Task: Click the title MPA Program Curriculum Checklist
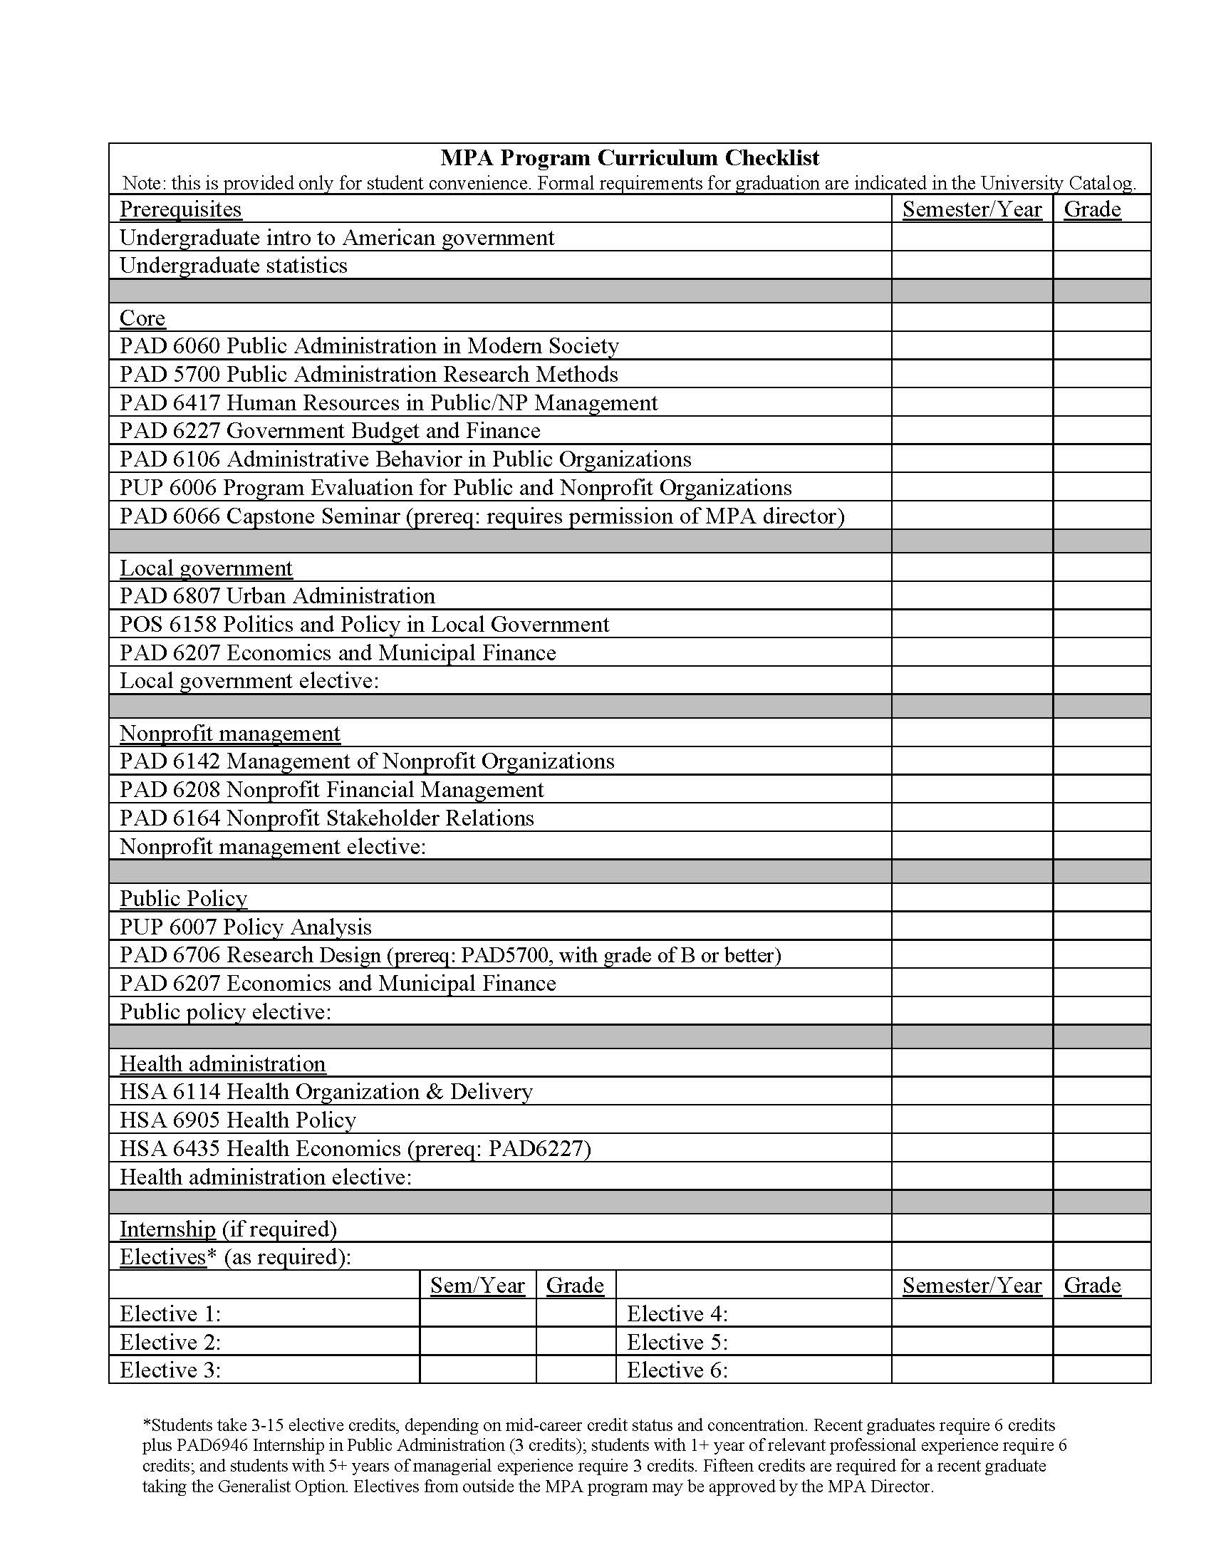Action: [629, 158]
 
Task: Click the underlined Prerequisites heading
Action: [181, 209]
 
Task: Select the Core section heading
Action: [142, 318]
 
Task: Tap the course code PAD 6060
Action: [170, 347]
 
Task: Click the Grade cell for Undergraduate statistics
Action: [1101, 266]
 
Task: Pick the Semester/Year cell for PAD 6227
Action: [972, 430]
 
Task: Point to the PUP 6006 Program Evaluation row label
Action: [455, 488]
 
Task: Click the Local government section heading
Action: [206, 568]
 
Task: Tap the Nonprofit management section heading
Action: [229, 733]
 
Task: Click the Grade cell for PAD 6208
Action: [1101, 790]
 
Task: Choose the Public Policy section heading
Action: [183, 899]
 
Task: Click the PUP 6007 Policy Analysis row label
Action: [245, 927]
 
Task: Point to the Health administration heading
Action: [222, 1064]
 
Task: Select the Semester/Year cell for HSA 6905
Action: [972, 1120]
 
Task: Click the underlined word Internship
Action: [167, 1229]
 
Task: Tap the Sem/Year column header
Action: [477, 1286]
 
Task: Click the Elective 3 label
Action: [170, 1370]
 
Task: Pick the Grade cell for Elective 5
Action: [1101, 1342]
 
